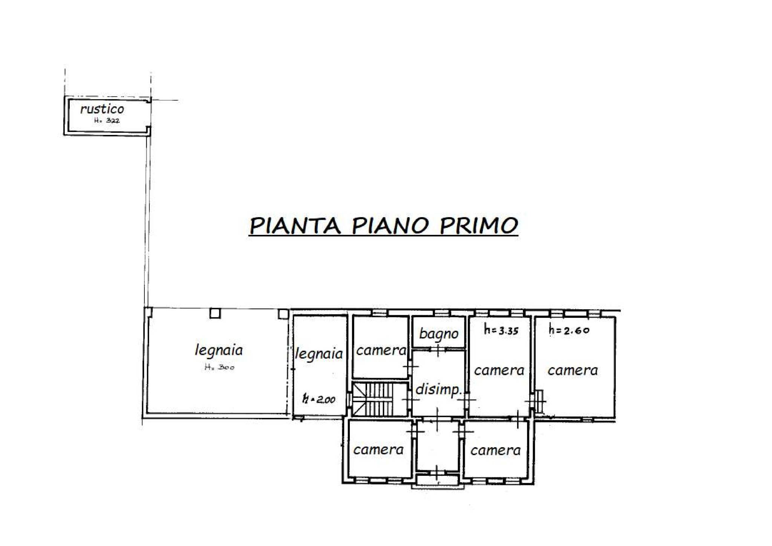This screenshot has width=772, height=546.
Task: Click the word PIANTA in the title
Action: point(295,225)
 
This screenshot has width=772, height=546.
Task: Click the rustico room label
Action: point(102,109)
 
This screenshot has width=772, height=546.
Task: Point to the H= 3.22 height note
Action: point(107,121)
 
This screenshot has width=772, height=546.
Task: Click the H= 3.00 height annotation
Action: point(219,367)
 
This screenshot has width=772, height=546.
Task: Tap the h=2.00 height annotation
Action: point(319,399)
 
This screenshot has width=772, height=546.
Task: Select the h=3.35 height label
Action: point(501,331)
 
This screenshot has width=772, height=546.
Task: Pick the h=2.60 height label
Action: point(569,330)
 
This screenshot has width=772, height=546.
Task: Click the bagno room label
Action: point(439,333)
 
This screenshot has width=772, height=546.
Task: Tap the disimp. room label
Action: point(439,389)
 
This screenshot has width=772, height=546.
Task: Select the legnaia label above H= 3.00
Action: point(219,350)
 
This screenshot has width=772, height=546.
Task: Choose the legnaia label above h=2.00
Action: point(319,354)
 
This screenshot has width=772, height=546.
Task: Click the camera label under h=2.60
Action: point(573,370)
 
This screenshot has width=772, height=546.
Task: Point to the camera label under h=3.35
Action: point(499,370)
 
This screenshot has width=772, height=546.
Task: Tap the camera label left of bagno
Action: point(381,350)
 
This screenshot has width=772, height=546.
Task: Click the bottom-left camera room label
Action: point(378,449)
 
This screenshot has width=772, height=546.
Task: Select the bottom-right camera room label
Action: point(495,450)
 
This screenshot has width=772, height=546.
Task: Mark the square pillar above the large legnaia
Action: point(215,313)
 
